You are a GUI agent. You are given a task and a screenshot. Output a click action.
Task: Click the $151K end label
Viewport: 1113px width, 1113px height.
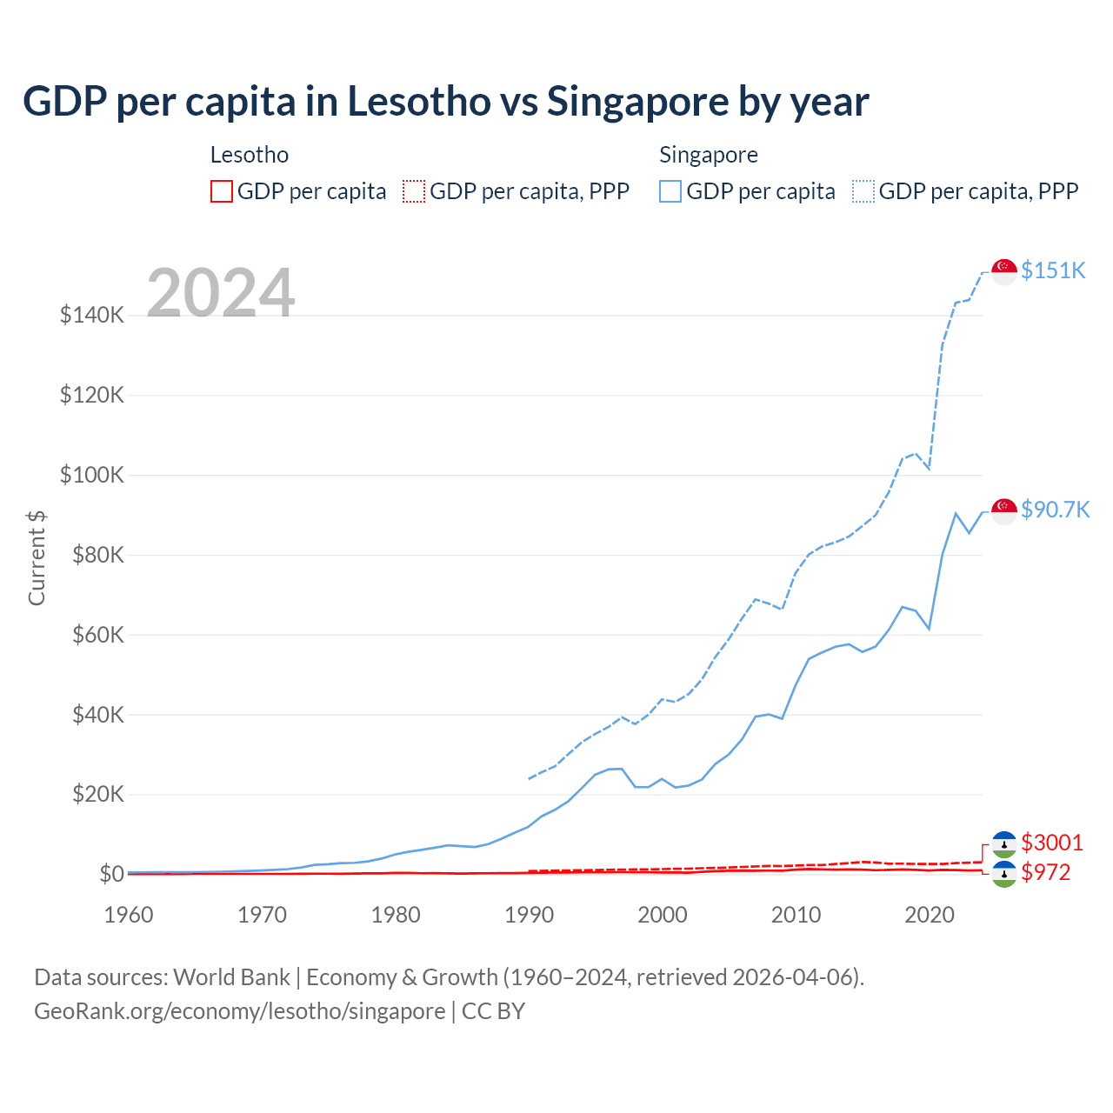click(x=1053, y=270)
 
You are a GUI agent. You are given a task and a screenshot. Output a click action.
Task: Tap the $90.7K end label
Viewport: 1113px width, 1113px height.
click(x=1055, y=510)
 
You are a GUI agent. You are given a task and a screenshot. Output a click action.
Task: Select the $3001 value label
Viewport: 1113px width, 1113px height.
click(x=1052, y=843)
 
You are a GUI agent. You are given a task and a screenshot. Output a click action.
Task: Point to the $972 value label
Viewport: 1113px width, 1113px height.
click(x=1046, y=872)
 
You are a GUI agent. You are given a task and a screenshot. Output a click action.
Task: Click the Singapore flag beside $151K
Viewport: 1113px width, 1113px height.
click(x=1004, y=271)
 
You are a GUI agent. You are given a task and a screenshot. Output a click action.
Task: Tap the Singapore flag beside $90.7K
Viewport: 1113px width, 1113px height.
click(x=1004, y=510)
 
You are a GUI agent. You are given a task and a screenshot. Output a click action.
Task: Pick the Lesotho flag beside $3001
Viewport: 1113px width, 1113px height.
click(x=1004, y=843)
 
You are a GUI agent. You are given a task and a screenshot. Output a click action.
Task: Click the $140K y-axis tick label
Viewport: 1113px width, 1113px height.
click(x=92, y=315)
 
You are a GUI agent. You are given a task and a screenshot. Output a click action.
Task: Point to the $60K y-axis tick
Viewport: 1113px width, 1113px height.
click(x=97, y=635)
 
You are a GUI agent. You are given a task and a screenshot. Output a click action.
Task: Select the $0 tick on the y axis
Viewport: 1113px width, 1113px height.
click(x=111, y=874)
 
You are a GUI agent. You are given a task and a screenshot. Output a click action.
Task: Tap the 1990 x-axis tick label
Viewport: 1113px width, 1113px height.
click(x=529, y=915)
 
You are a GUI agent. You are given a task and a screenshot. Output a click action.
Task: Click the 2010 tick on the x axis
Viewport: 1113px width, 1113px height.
click(x=796, y=915)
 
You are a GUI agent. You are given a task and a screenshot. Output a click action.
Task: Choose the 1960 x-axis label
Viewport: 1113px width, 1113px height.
click(x=129, y=915)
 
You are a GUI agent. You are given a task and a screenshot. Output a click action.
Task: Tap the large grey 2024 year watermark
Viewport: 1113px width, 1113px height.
click(x=221, y=293)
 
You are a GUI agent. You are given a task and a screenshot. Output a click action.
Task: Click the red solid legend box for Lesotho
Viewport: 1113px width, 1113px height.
click(x=222, y=191)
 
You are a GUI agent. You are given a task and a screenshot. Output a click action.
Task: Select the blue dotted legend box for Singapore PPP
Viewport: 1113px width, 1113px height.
click(x=863, y=191)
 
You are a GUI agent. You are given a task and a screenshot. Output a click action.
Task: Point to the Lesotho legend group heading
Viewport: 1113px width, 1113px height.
click(x=250, y=155)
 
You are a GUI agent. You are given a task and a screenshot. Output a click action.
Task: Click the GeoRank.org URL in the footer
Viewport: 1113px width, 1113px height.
click(x=240, y=1011)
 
